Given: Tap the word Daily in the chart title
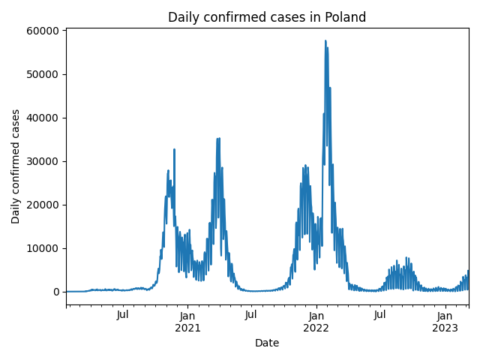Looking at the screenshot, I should point(183,17).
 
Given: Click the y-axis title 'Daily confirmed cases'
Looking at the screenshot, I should point(16,166).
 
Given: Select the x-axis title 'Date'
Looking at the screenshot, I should point(267,343).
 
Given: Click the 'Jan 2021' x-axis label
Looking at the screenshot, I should point(187,321).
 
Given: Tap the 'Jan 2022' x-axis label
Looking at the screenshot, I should point(316,321).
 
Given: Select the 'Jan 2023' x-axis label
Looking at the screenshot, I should point(445,321).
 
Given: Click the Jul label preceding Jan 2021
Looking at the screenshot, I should point(123,315).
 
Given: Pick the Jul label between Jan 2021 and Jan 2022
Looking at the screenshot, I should point(251,315).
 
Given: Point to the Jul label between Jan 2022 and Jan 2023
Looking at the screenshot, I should point(380,315).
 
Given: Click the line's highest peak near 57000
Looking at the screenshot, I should point(325,41).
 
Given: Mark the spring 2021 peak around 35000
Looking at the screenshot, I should point(218,139).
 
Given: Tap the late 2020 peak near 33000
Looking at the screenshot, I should point(174,149).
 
